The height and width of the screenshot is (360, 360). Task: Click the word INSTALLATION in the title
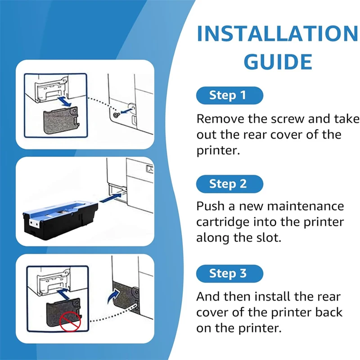(278, 33)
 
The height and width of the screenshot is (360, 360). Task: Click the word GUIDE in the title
(278, 62)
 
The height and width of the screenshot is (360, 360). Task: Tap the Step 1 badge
(229, 95)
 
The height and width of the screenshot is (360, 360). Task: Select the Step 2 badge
(229, 184)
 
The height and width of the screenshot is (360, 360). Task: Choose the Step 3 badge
(229, 274)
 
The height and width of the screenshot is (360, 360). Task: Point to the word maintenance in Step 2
(306, 206)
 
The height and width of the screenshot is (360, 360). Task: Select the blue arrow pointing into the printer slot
(111, 198)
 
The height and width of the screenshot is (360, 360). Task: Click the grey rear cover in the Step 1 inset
(61, 120)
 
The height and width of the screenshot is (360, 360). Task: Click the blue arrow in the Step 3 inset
(63, 294)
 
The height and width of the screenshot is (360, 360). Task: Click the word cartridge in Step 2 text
(222, 222)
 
